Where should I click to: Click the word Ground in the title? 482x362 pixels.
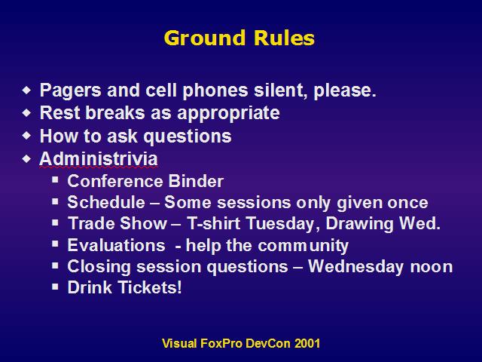[x=205, y=38]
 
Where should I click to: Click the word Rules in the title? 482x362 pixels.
[x=285, y=38]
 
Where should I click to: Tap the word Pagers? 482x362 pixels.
[x=70, y=90]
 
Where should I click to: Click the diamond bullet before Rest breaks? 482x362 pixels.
[x=27, y=112]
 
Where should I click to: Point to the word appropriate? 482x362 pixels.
[x=228, y=113]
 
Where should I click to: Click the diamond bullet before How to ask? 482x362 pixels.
[x=27, y=136]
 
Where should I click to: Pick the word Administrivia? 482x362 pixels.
[x=99, y=158]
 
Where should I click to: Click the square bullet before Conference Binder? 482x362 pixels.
[x=55, y=179]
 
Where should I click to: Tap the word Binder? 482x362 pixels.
[x=196, y=181]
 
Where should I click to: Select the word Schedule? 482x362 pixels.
[x=106, y=202]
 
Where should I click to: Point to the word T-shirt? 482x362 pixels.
[x=213, y=223]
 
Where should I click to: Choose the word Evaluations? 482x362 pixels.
[x=117, y=245]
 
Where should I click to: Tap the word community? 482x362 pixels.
[x=303, y=246]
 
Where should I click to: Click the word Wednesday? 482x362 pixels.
[x=355, y=266]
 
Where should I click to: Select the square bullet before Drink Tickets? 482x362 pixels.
[x=55, y=287]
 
